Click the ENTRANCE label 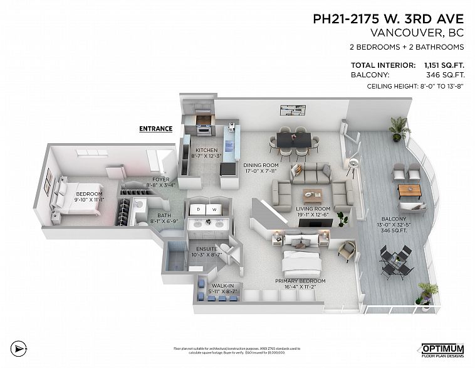pos(155,129)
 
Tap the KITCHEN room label pos(206,151)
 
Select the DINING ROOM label pos(259,165)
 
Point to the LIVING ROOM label pos(313,209)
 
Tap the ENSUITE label pos(207,249)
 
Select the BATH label pos(156,215)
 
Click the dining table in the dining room pos(291,140)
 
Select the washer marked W pos(214,209)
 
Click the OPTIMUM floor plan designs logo pos(442,349)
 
